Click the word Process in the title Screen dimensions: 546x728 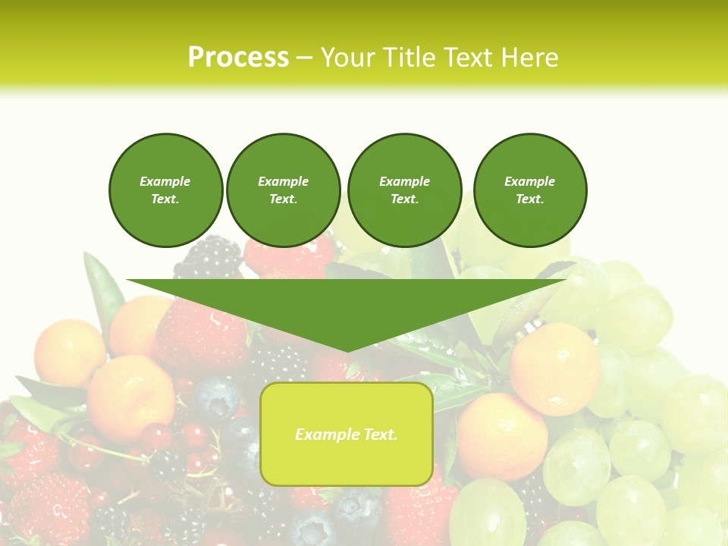(238, 58)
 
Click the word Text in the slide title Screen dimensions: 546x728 (468, 58)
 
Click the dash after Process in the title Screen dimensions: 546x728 (303, 58)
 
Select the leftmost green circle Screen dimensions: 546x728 (166, 190)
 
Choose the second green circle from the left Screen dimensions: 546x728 (284, 190)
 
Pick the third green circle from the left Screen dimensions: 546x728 (404, 190)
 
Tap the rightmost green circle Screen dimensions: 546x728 (530, 190)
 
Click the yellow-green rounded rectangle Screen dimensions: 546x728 (347, 434)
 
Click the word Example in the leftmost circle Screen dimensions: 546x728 (165, 181)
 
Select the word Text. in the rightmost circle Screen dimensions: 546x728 (530, 199)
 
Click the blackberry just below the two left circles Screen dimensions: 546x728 (208, 256)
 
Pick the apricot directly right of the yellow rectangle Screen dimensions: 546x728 (501, 436)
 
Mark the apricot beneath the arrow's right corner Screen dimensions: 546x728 (554, 369)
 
